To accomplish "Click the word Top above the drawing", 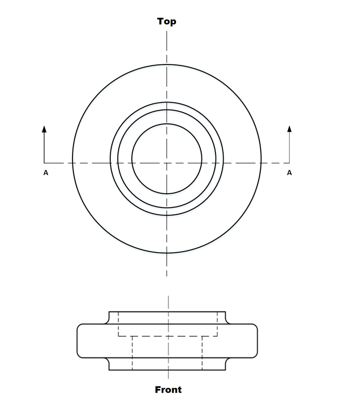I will click(x=167, y=21).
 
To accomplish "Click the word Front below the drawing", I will click(x=168, y=389).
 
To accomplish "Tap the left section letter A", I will click(x=46, y=173).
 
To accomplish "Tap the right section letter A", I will click(x=289, y=173).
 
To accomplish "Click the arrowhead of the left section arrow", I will click(x=44, y=128).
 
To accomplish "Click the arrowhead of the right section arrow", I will click(x=289, y=128).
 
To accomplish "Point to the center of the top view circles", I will click(x=167, y=159).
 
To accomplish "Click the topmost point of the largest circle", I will click(x=167, y=64).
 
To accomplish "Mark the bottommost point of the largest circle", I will click(x=167, y=253).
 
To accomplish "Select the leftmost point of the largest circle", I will click(x=72, y=159).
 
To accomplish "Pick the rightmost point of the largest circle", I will click(x=261, y=159).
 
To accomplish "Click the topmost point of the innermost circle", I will click(x=167, y=124).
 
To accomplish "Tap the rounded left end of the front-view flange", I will click(x=78, y=340).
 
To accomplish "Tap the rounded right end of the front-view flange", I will click(x=257, y=340).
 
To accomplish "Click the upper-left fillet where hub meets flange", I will click(x=107, y=322).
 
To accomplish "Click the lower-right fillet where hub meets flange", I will click(x=228, y=360).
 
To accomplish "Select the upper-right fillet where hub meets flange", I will click(x=228, y=322).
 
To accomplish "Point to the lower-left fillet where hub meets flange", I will click(x=107, y=360).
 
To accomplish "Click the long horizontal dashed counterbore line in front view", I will click(x=168, y=336).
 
